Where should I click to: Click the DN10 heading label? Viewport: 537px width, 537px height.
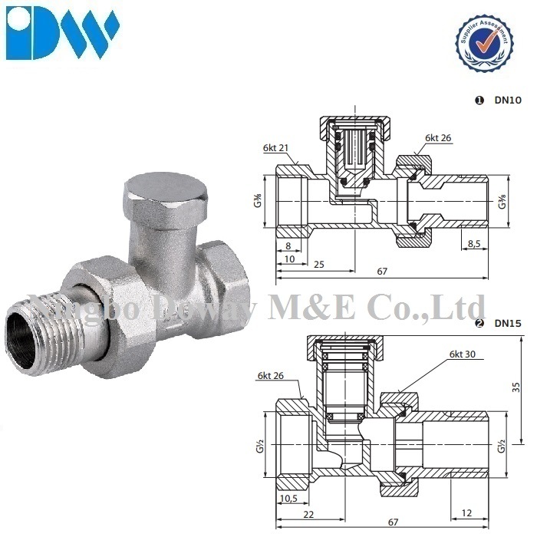pyautogui.click(x=508, y=100)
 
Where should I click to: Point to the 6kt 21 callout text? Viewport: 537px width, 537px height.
pyautogui.click(x=275, y=147)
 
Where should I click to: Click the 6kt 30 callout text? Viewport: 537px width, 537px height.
pyautogui.click(x=463, y=354)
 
